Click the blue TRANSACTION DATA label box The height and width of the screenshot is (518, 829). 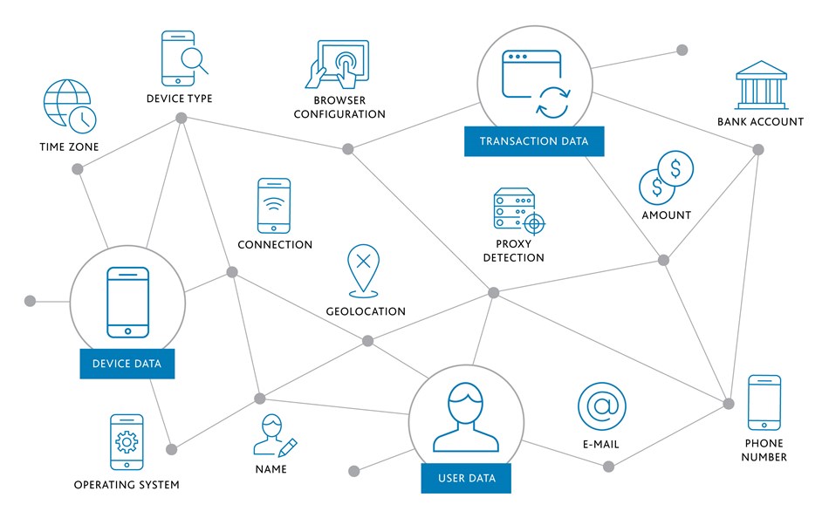(x=534, y=141)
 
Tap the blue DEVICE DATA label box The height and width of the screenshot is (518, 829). (x=127, y=364)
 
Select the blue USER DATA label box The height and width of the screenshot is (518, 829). (x=466, y=479)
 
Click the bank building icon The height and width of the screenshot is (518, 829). (x=761, y=85)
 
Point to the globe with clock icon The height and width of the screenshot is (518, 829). (x=69, y=106)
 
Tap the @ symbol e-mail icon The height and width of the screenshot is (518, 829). (x=601, y=406)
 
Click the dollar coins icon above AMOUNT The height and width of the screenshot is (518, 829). (x=666, y=178)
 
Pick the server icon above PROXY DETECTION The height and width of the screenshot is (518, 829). (x=519, y=211)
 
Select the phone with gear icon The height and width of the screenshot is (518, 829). (x=127, y=442)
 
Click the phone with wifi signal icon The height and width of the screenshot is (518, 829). (x=274, y=206)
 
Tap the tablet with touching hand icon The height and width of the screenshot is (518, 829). (x=338, y=65)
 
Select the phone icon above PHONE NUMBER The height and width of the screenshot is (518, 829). (x=764, y=403)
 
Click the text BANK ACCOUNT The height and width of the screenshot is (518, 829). (x=760, y=121)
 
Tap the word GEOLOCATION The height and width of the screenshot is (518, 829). (x=366, y=311)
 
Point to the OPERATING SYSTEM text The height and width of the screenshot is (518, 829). (x=127, y=485)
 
